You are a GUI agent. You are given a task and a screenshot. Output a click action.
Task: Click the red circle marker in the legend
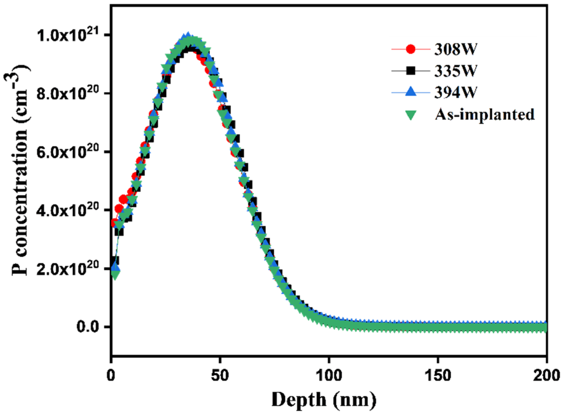click(411, 49)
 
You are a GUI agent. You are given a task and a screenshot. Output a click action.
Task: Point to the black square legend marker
click(411, 71)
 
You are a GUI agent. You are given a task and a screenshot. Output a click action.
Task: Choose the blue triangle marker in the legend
click(411, 92)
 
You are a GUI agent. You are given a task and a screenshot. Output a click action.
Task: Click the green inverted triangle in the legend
click(411, 115)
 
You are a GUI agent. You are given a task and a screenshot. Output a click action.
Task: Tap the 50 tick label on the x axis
click(219, 376)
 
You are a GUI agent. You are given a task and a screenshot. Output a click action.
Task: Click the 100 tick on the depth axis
click(329, 376)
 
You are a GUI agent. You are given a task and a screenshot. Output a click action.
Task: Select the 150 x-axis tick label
click(438, 376)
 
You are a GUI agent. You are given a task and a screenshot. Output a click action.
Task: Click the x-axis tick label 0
click(111, 376)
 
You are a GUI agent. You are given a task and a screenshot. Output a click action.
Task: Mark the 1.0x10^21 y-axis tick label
click(69, 36)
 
